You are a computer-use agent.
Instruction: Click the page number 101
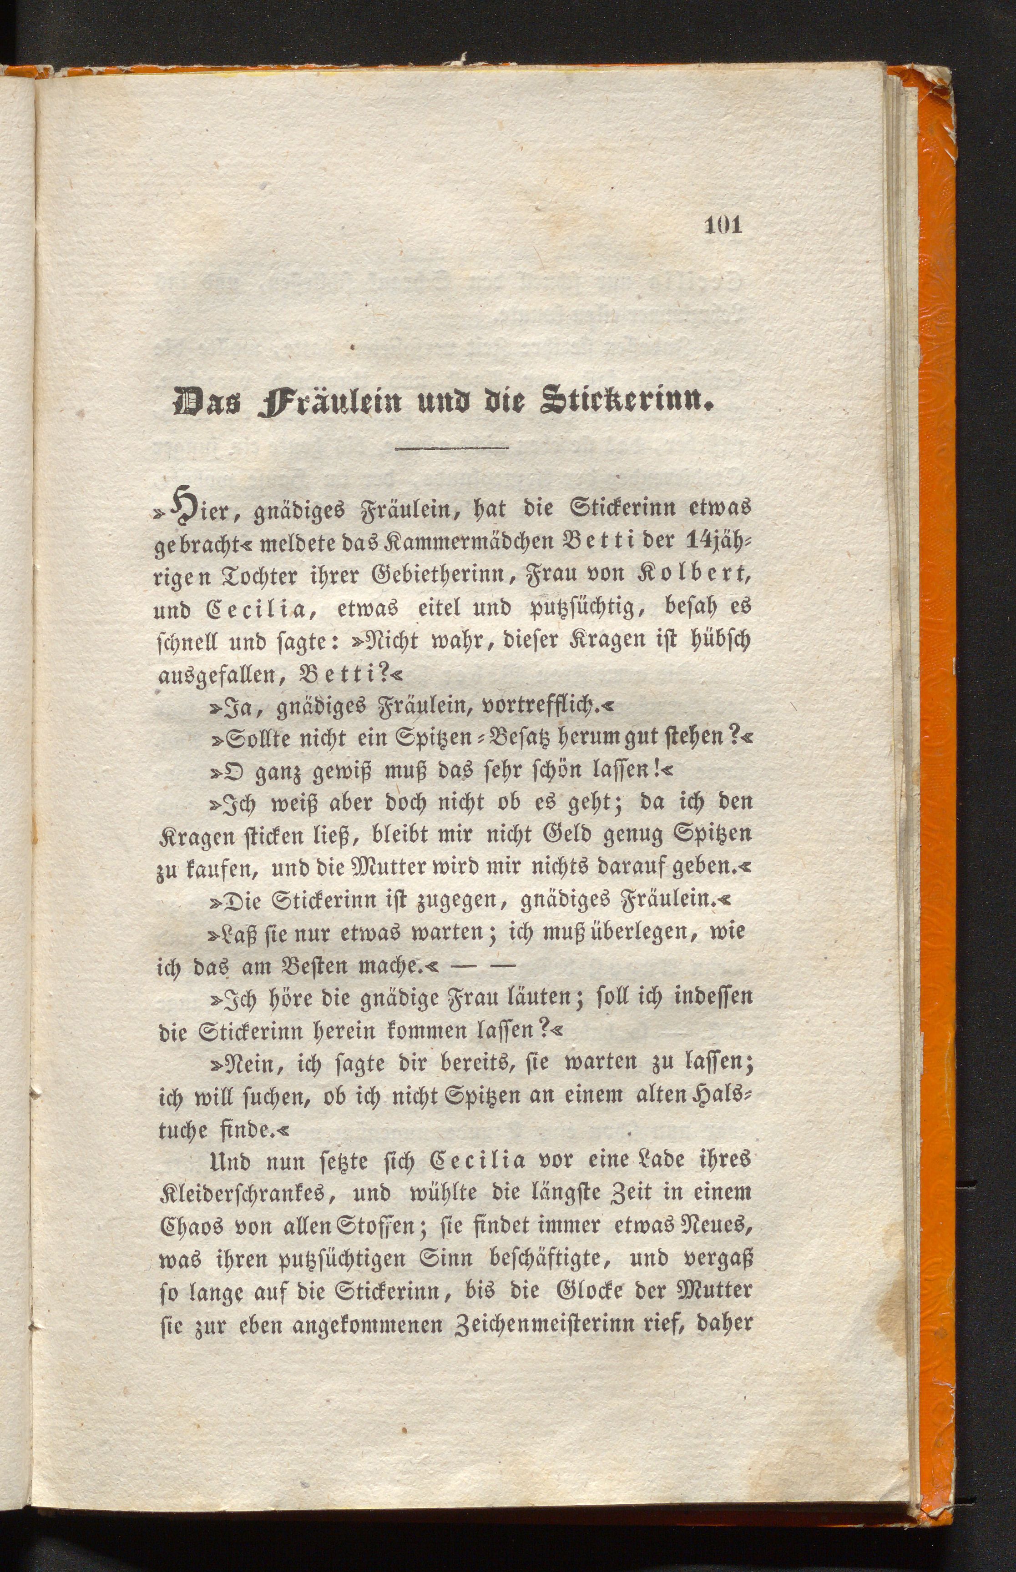tap(724, 226)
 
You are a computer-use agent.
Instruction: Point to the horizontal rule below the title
tap(451, 449)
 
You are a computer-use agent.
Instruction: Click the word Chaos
tap(192, 1226)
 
